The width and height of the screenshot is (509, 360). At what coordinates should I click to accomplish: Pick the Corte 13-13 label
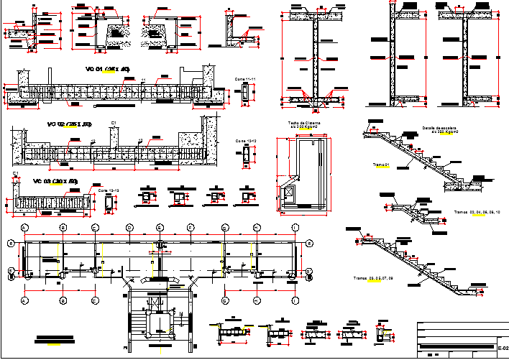click(109, 190)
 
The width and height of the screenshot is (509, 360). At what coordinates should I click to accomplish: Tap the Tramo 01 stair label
click(381, 165)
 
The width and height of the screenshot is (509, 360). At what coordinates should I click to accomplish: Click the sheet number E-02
click(503, 348)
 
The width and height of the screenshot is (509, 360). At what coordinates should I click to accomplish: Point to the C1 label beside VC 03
click(16, 175)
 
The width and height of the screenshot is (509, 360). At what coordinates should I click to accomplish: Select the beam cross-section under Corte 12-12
click(247, 154)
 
